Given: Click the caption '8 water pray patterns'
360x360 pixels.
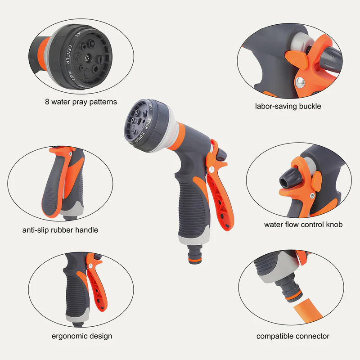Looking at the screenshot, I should [x=81, y=102].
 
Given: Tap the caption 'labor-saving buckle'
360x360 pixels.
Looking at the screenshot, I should [x=288, y=107].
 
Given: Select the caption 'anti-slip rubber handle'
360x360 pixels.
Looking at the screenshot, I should [x=60, y=230].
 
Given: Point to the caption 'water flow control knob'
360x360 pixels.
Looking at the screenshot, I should [x=303, y=224].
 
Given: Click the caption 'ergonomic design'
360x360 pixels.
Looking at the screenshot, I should [x=82, y=336].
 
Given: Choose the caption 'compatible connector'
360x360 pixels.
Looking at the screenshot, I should [x=293, y=336].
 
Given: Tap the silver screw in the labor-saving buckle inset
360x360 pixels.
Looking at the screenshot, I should [x=299, y=81].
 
